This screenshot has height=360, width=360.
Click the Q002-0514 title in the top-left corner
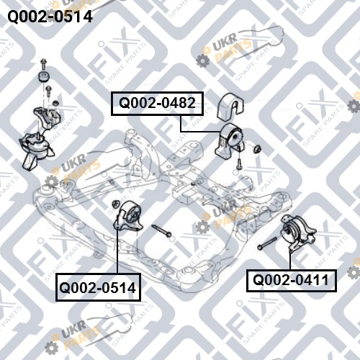coord(50,17)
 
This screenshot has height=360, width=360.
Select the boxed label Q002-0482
coord(157,104)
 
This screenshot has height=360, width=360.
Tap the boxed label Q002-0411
coord(292,280)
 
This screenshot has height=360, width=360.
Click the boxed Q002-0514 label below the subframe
coord(98,287)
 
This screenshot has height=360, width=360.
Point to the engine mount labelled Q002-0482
coord(230,141)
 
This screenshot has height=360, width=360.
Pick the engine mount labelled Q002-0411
coord(298,233)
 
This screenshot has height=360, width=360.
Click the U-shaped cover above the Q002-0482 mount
coord(230,106)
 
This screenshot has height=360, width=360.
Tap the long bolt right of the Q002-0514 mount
coord(161,230)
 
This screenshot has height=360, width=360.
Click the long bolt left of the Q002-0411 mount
coord(267,243)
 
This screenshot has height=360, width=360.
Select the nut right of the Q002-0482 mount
coord(257,148)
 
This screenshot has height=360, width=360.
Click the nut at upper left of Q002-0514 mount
coord(116,204)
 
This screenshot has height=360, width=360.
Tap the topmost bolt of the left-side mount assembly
coord(43,63)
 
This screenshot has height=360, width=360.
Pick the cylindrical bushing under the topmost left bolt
coord(44,76)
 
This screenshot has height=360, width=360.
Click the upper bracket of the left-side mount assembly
coord(48,118)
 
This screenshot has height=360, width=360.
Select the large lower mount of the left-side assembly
coord(36,150)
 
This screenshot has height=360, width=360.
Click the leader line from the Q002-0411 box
coord(290,261)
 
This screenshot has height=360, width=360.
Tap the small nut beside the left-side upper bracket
coord(55,104)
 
